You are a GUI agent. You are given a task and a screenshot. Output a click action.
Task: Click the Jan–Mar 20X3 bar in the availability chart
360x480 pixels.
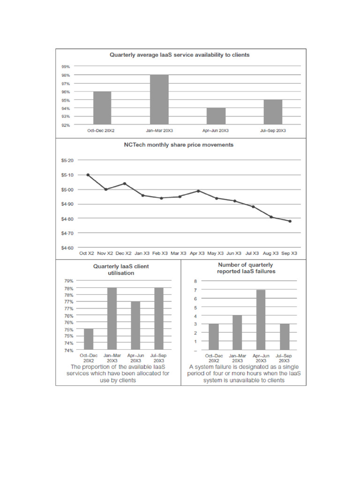point(160,100)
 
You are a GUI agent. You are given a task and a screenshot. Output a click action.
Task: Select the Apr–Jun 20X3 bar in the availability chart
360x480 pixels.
point(216,116)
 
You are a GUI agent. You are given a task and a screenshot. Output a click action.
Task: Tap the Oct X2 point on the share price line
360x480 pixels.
point(88,175)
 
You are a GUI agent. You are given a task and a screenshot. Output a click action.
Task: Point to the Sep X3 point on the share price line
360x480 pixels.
point(290,221)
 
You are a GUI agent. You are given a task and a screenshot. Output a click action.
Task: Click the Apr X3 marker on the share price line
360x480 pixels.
point(198,191)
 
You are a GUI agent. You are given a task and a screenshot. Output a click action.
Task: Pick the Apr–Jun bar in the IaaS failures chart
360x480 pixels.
point(261,320)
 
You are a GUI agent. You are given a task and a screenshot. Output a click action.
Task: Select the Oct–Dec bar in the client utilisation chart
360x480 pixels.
point(89,339)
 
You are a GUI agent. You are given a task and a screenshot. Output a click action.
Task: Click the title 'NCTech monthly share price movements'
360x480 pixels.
point(179,145)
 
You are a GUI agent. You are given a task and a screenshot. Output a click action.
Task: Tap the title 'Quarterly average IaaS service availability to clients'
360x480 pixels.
point(180,55)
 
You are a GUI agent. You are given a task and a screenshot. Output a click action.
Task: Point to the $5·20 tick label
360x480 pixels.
point(68,160)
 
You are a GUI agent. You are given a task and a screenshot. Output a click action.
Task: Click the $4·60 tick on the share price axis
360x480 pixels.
point(68,247)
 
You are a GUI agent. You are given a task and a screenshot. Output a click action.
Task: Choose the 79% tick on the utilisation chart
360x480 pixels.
point(68,281)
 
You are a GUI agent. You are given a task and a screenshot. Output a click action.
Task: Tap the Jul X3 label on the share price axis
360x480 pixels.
point(254,253)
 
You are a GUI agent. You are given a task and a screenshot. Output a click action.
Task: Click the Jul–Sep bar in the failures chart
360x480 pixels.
point(284,337)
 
